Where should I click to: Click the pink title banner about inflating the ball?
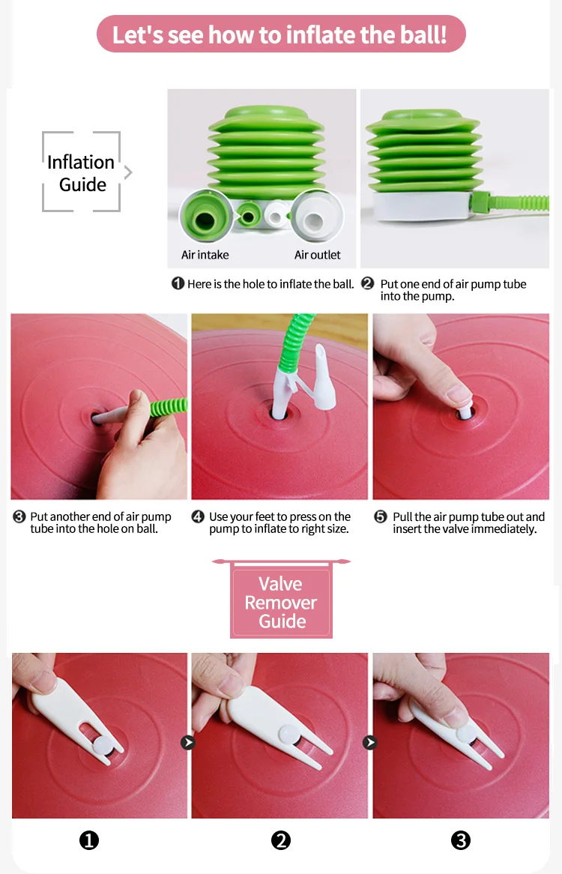[281, 34]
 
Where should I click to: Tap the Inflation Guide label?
[82, 173]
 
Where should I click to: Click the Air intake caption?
[205, 255]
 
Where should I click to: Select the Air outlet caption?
[318, 255]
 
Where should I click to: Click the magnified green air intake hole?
[205, 217]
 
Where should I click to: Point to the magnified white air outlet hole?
[316, 217]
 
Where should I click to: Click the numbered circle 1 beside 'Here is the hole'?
[178, 284]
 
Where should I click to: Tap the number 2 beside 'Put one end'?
[368, 283]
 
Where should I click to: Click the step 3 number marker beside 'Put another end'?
[19, 516]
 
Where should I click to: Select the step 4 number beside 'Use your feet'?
[198, 516]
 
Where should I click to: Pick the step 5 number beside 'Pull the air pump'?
[381, 516]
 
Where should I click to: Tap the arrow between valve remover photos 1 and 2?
[188, 743]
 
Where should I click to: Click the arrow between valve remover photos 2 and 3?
[370, 743]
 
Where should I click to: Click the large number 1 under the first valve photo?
[89, 840]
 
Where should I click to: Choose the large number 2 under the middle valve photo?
[281, 840]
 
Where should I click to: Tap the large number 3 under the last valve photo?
[461, 840]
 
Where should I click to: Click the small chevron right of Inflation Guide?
[129, 172]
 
